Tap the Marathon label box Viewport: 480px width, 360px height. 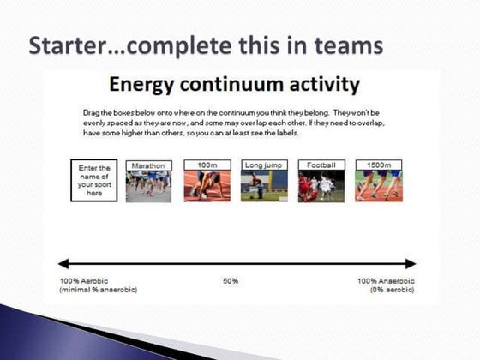click(148, 164)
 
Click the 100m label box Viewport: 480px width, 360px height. click(206, 164)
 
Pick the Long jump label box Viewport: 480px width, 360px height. click(263, 164)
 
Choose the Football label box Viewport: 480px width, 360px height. click(321, 164)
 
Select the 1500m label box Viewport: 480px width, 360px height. click(378, 164)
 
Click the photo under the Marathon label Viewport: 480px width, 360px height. click(148, 186)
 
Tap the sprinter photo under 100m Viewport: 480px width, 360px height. click(206, 186)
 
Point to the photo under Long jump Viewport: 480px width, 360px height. click(263, 186)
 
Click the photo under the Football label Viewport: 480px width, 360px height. click(321, 186)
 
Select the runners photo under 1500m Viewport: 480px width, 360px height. click(378, 186)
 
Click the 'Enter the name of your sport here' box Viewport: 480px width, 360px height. click(94, 180)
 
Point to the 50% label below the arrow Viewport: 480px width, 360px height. click(230, 281)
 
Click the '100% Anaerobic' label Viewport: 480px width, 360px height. click(387, 281)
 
